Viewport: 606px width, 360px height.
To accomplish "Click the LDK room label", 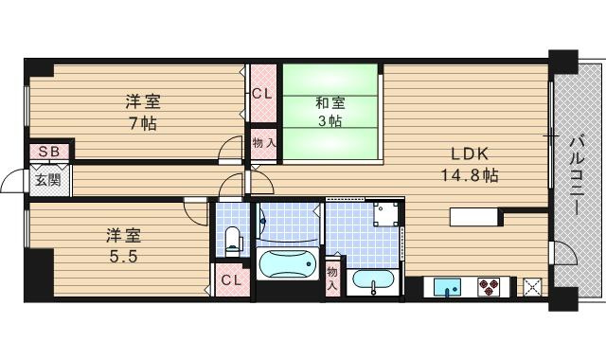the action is coord(470,153).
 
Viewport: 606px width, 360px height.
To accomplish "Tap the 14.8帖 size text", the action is coord(470,176).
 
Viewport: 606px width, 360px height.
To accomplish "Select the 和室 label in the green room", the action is coord(330,103).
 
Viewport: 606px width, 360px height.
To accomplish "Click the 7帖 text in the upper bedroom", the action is coord(143,123).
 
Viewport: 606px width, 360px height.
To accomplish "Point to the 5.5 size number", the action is coord(124,257).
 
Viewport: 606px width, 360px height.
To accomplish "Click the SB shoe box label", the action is coord(50,152).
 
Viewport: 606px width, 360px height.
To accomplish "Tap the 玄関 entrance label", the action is coord(48,180).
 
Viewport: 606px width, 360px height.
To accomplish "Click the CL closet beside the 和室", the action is coord(262,94).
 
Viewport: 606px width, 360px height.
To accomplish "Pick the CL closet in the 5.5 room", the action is coord(231,279).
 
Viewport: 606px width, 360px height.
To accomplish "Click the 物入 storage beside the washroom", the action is coord(332,279).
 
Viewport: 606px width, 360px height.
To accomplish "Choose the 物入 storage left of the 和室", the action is coord(264,143).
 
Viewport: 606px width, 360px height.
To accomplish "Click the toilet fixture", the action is coord(233,241).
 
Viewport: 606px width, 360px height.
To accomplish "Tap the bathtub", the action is coord(287,264).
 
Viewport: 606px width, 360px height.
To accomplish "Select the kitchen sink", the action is coord(447,287).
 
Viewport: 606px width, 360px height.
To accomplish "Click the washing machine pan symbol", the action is coord(385,213).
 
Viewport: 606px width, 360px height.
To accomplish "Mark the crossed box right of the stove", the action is coord(532,287).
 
